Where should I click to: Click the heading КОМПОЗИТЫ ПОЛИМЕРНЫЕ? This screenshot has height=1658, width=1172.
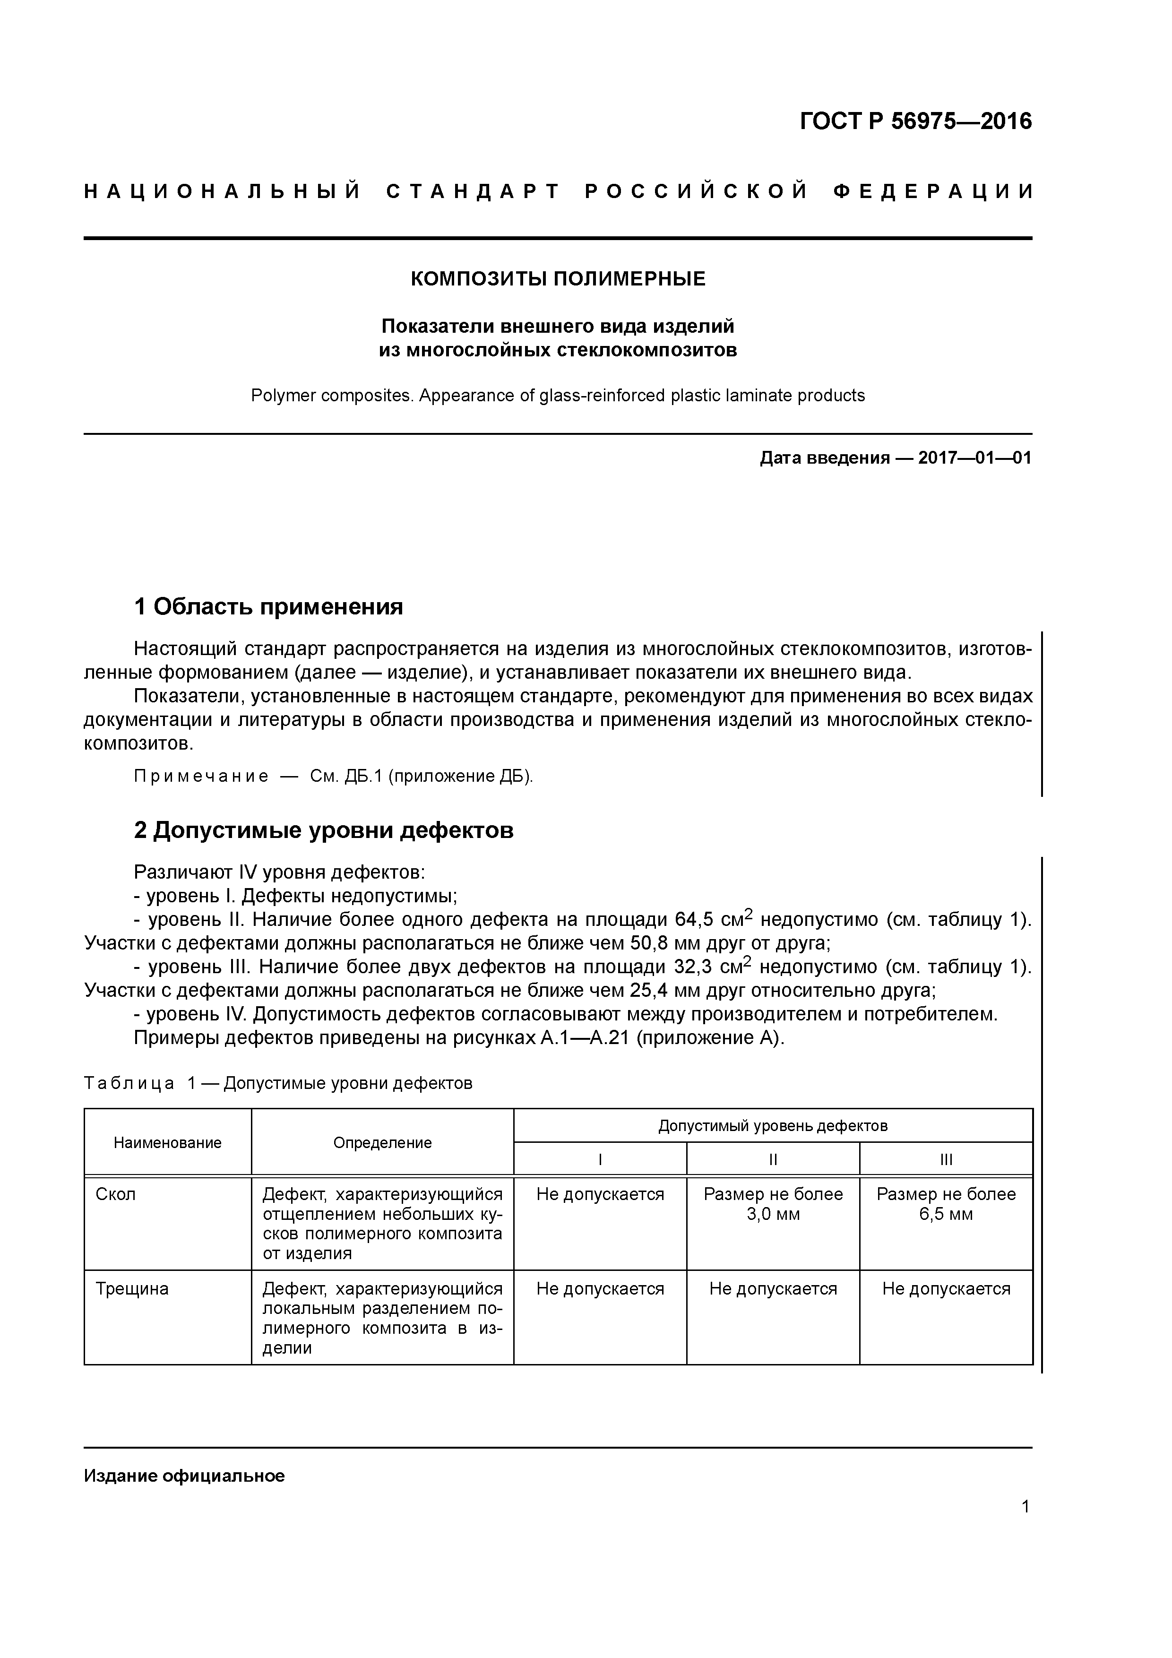(558, 279)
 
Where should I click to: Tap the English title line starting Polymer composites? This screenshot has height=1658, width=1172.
(558, 396)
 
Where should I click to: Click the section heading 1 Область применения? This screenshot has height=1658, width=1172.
(268, 606)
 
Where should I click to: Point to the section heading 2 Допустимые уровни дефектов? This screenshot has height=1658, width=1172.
(324, 830)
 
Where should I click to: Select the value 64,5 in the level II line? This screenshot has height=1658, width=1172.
(694, 920)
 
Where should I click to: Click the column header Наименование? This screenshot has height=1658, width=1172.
(168, 1142)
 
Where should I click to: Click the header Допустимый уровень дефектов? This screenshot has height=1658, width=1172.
(773, 1126)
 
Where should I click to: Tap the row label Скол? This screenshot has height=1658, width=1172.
(115, 1194)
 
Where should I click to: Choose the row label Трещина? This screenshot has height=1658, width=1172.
(132, 1289)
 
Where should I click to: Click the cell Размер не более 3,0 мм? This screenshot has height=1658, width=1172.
(773, 1204)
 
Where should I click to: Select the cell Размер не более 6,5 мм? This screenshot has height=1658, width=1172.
(946, 1204)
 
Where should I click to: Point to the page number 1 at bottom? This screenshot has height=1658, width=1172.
(1025, 1506)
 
